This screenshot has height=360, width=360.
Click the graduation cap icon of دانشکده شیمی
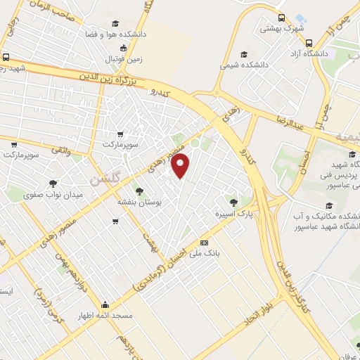244,54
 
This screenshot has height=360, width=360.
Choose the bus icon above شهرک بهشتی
281,18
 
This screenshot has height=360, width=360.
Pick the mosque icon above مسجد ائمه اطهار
105,305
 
